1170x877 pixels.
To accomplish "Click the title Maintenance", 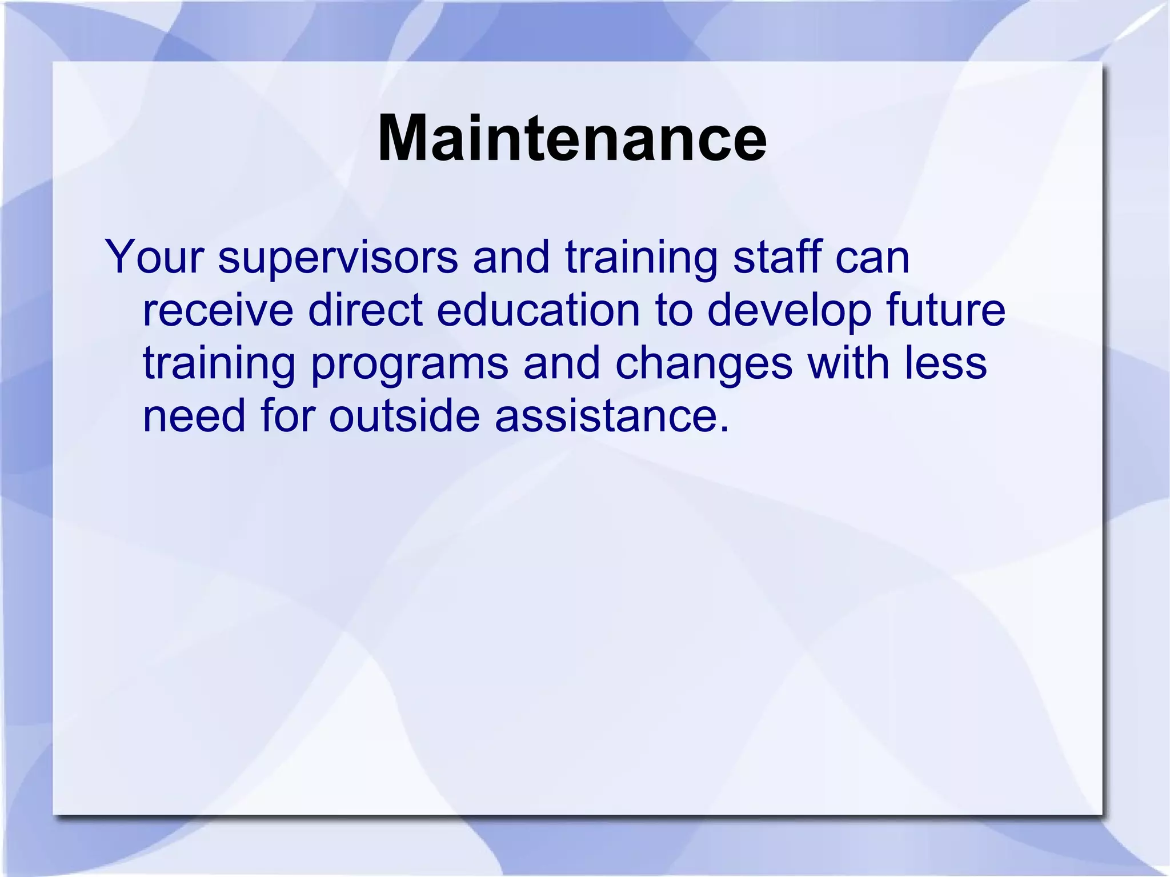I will (572, 139).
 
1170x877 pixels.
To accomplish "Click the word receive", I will (218, 310).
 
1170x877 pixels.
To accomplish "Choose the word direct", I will (366, 310).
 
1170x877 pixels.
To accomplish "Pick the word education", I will (538, 310).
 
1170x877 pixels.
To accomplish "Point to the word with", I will (848, 363).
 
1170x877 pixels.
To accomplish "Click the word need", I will (194, 415).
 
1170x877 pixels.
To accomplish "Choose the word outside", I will (404, 415).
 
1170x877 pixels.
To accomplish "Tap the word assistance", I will (612, 415).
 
